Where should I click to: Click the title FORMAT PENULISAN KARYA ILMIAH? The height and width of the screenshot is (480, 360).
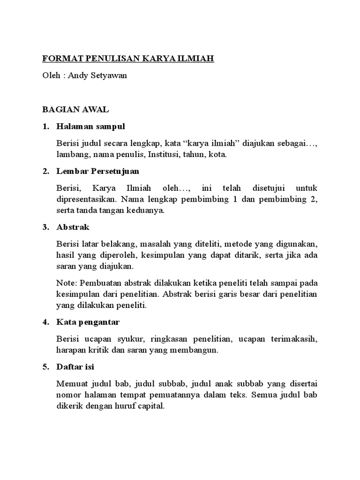click(128, 59)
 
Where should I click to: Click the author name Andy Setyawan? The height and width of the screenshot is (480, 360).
click(97, 75)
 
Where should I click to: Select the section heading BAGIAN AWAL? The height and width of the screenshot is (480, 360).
click(75, 110)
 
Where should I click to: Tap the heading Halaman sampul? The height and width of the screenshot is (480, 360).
click(90, 127)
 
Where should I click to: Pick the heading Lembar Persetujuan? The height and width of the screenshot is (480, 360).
click(97, 171)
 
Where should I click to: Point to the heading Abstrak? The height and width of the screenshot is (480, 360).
click(73, 227)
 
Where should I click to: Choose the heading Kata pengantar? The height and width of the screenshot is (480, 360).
click(88, 322)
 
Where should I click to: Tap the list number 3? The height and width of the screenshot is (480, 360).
click(45, 227)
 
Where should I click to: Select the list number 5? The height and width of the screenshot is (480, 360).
click(45, 366)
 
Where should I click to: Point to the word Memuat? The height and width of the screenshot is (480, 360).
click(70, 384)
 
